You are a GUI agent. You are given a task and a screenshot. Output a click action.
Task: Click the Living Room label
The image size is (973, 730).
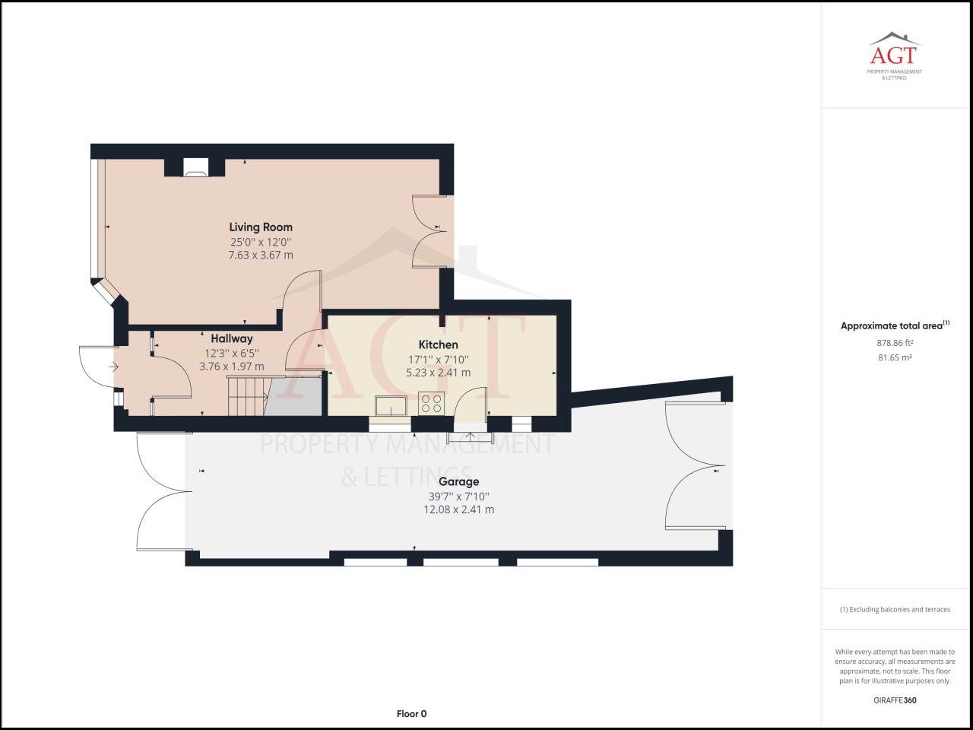click(x=261, y=227)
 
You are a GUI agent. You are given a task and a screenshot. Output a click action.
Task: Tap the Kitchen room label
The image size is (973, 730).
click(x=438, y=344)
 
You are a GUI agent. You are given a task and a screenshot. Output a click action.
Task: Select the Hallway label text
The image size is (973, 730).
click(x=232, y=338)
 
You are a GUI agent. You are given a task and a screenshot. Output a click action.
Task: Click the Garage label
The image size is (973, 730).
click(x=458, y=481)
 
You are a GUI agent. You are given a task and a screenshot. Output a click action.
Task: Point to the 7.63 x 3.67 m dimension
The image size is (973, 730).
click(x=261, y=255)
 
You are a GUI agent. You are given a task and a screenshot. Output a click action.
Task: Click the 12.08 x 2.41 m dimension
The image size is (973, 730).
click(x=458, y=509)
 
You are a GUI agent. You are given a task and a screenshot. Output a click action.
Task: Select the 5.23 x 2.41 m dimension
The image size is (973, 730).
click(x=438, y=373)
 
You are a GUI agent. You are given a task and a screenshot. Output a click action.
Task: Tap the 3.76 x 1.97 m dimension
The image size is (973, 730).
click(x=232, y=367)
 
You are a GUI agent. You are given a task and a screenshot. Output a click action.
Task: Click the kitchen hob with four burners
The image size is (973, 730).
click(x=432, y=403)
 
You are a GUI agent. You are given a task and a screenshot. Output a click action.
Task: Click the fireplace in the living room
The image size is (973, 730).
click(x=195, y=168)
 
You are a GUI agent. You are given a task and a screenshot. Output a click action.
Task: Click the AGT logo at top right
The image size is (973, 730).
click(x=894, y=55)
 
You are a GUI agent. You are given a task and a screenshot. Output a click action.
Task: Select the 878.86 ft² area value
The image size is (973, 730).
click(x=894, y=343)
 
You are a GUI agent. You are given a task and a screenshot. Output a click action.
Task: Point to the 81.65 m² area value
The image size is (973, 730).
click(x=894, y=357)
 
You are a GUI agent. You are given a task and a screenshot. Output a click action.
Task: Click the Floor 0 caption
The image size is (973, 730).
click(x=411, y=713)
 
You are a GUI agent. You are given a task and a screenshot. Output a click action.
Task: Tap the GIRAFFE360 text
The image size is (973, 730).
click(x=894, y=700)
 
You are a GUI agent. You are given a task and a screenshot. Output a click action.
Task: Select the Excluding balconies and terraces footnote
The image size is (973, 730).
click(x=894, y=609)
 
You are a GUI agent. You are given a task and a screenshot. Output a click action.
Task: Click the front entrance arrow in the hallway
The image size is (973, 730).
click(x=114, y=367)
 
